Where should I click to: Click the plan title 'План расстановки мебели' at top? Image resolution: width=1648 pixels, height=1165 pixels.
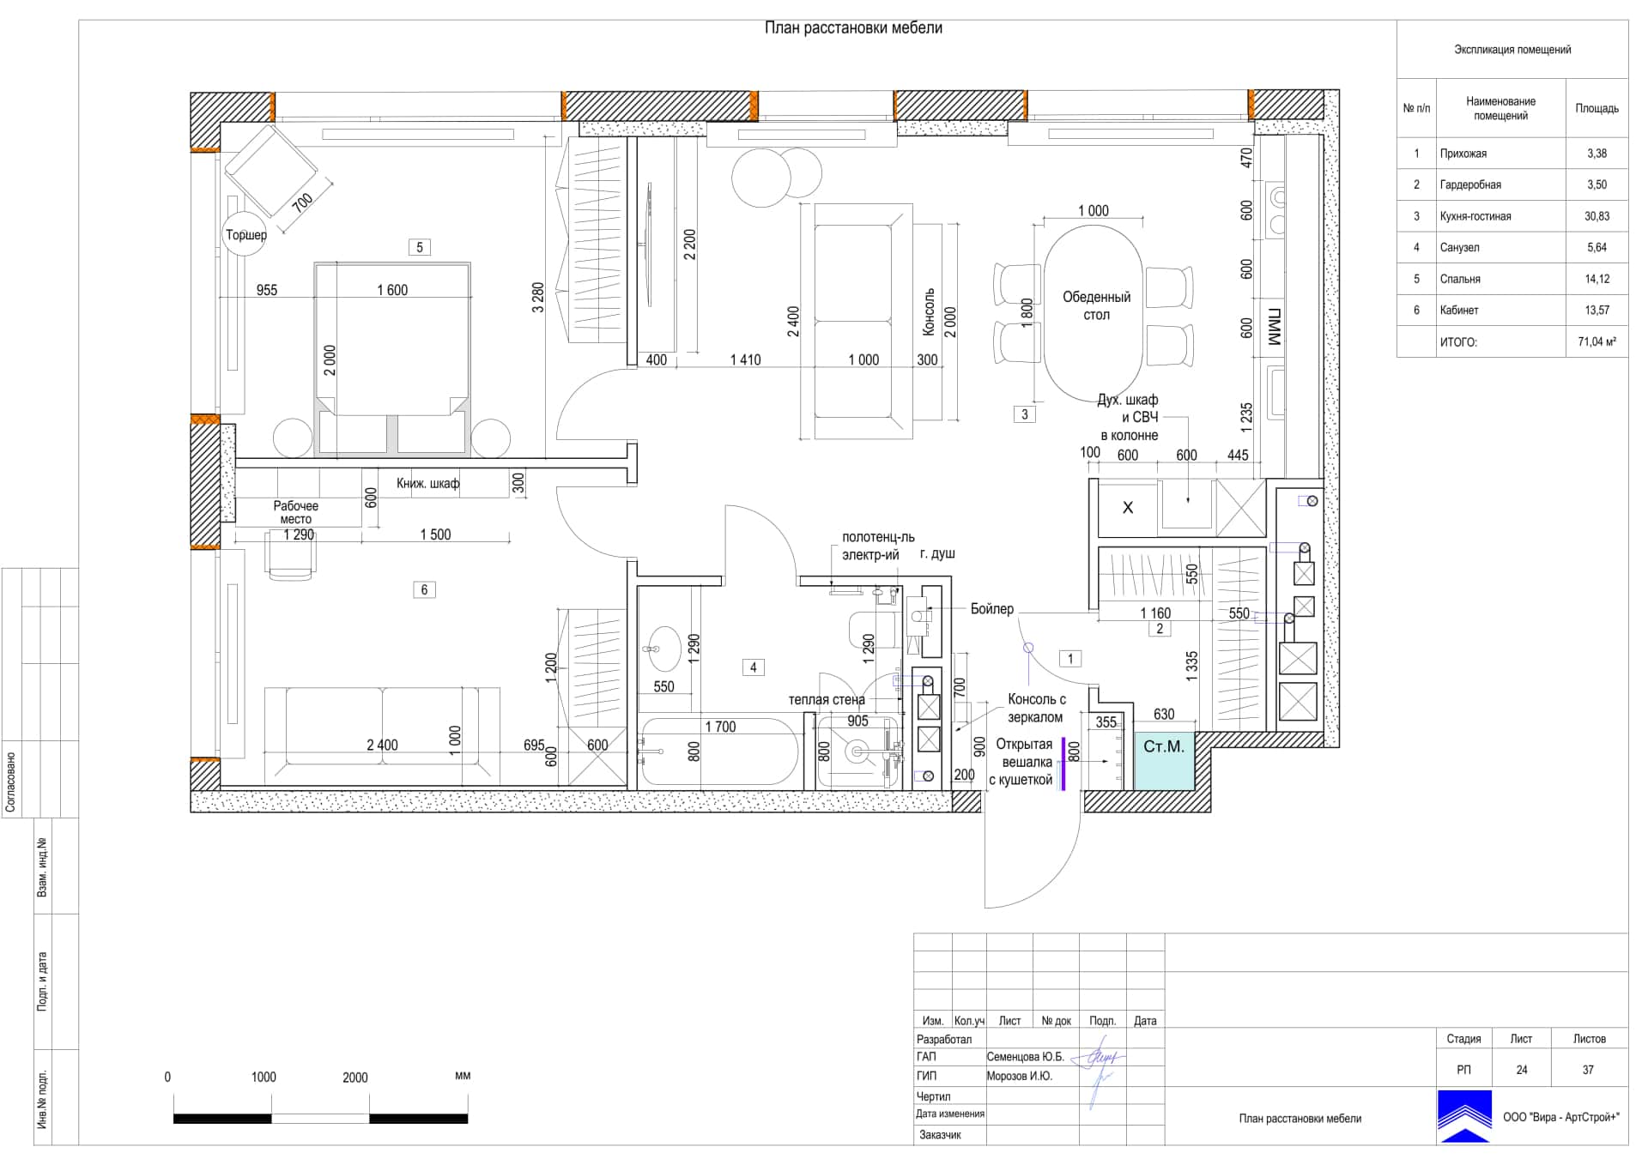853,28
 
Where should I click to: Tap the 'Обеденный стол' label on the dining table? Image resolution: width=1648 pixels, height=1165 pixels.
1096,305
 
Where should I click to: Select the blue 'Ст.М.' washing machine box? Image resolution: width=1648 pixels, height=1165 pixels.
1164,760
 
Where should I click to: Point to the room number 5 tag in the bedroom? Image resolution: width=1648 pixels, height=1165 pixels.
419,247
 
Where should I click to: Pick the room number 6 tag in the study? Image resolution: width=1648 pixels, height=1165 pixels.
424,589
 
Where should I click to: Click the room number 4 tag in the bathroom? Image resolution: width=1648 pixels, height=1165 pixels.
754,667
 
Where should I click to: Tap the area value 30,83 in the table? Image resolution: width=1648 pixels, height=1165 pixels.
1596,216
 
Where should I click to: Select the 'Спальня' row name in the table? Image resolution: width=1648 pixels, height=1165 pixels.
1460,279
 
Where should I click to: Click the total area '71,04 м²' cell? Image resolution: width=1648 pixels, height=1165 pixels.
1596,341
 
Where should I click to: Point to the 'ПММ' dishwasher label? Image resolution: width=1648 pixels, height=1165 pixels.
1275,327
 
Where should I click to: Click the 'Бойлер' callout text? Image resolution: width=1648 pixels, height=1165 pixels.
992,609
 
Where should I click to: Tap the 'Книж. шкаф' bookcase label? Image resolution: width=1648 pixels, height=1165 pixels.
427,483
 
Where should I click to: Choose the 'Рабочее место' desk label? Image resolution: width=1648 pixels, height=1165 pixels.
296,512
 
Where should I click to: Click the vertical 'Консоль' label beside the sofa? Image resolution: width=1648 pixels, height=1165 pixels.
929,311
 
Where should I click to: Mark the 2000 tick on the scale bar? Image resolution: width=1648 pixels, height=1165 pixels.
370,1095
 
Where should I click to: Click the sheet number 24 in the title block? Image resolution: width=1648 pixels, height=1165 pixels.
1522,1070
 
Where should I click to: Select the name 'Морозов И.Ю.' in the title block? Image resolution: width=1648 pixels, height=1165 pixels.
1019,1076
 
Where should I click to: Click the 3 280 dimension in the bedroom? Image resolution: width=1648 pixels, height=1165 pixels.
538,297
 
